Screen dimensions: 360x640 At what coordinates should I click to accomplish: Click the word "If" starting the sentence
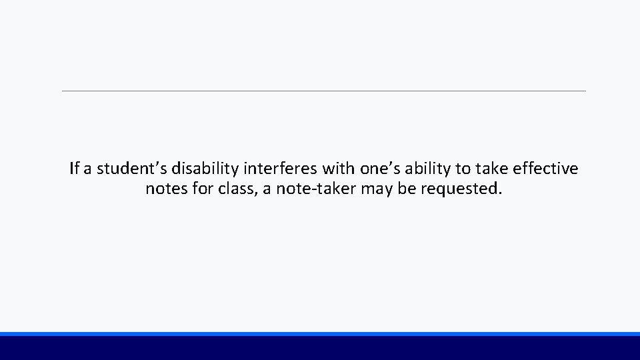pyautogui.click(x=74, y=169)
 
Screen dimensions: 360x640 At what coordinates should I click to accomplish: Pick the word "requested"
pyautogui.click(x=461, y=189)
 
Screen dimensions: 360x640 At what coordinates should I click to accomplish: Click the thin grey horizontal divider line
pyautogui.click(x=324, y=91)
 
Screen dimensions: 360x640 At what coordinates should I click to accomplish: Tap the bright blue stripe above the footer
pyautogui.click(x=320, y=333)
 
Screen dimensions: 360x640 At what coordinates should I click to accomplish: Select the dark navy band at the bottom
pyautogui.click(x=320, y=348)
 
